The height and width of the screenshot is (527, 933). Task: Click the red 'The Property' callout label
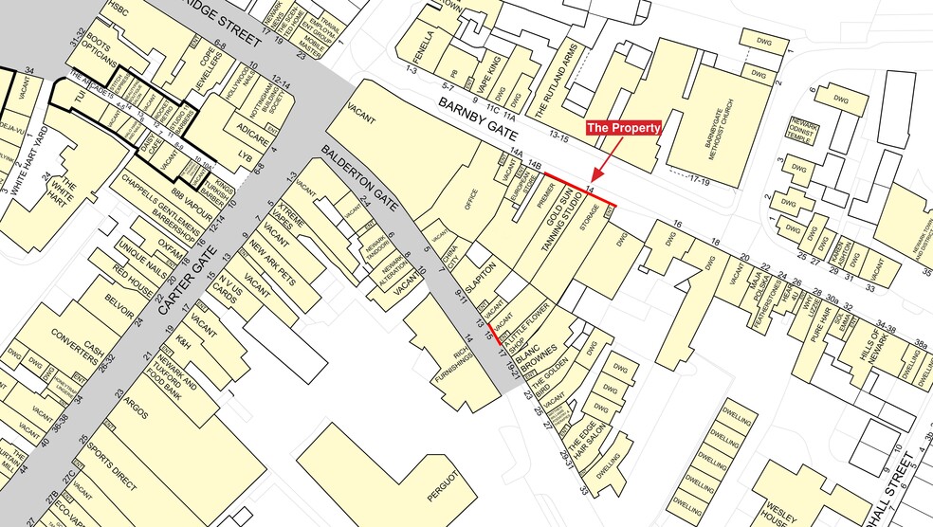pos(622,128)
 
